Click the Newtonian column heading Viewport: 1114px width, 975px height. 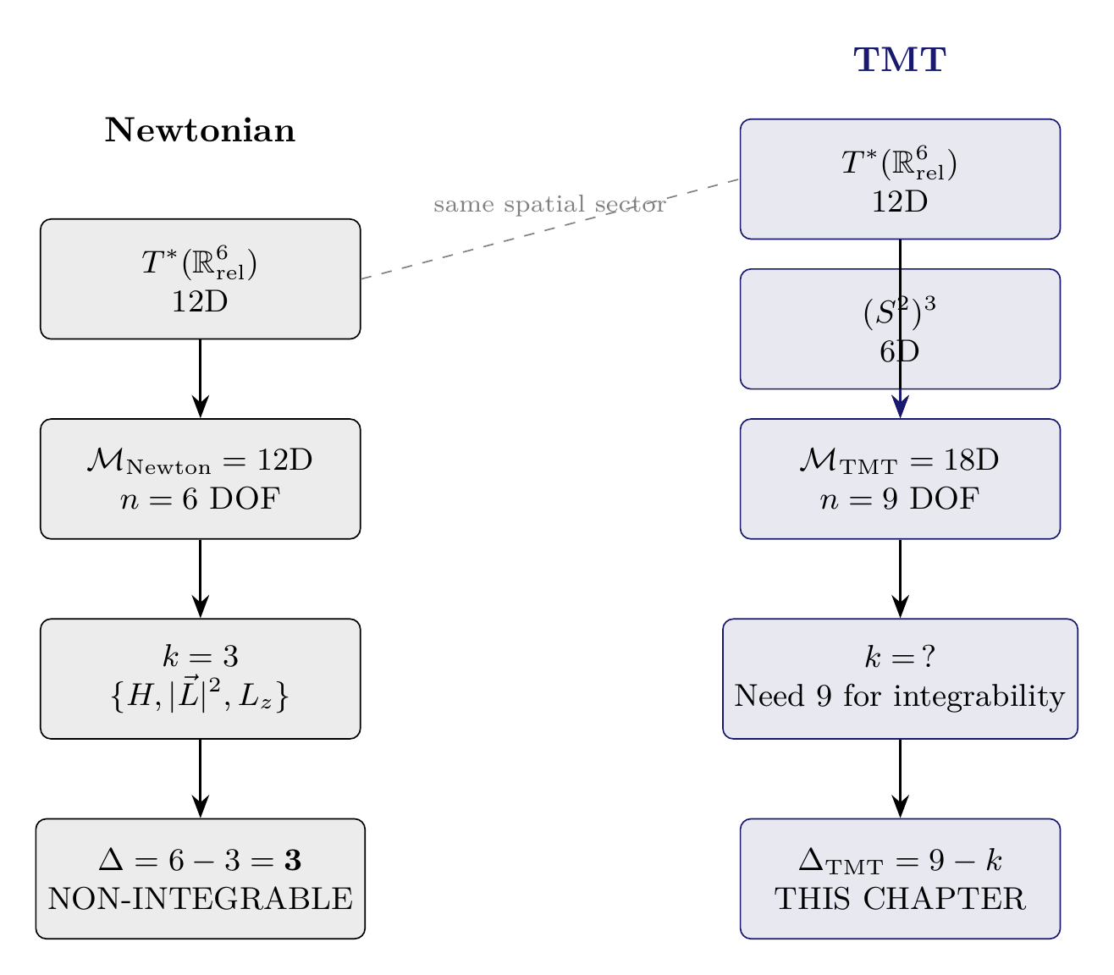click(200, 131)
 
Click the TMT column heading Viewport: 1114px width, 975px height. click(899, 60)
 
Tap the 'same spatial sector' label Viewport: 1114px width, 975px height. click(549, 205)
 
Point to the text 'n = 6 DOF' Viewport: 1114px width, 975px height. click(200, 500)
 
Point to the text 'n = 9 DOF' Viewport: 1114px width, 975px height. click(899, 500)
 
